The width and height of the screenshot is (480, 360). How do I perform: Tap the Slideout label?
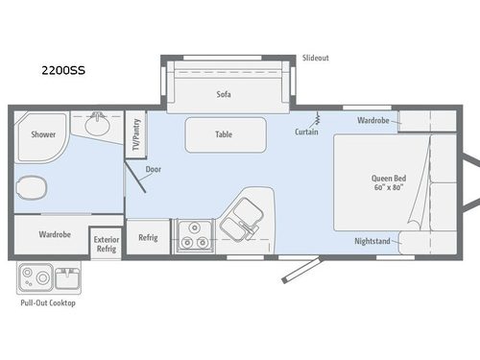(316, 58)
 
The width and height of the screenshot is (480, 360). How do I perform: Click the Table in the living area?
(224, 135)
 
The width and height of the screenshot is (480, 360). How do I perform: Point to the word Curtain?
(306, 132)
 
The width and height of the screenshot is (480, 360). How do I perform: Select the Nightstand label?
(372, 241)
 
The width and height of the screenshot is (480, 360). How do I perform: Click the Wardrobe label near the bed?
(372, 121)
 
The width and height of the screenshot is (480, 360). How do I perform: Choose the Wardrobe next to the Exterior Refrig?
(55, 234)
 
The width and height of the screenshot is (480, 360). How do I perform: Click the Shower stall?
(41, 135)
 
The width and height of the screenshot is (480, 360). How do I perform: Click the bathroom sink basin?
(96, 125)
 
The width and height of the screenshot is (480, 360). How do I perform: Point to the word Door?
(154, 170)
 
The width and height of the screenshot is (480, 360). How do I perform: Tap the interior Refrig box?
(148, 237)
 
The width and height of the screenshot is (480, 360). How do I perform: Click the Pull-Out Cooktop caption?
(47, 303)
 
